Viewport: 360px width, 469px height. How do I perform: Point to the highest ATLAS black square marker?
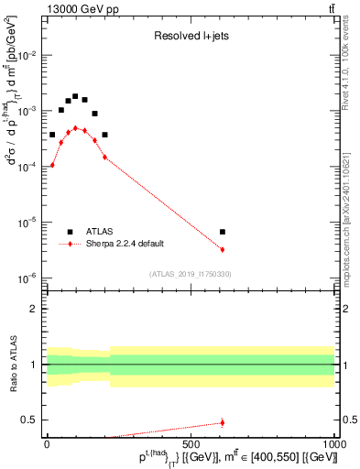pyautogui.click(x=75, y=96)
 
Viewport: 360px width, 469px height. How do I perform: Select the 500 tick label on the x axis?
pyautogui.click(x=190, y=444)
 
